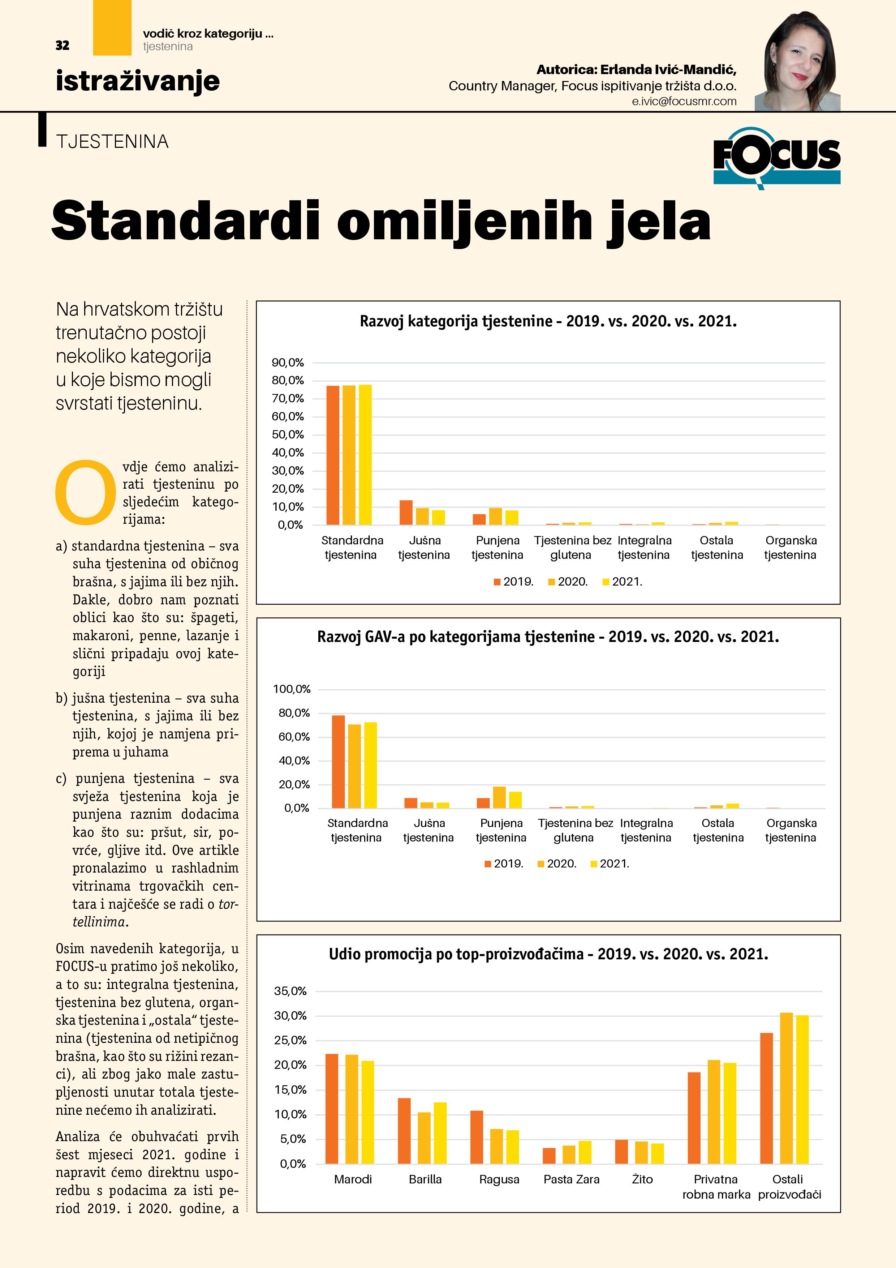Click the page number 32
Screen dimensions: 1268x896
63,45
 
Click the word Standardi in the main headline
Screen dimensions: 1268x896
185,220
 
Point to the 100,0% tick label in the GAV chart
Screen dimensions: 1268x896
292,689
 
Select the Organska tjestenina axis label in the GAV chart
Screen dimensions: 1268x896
791,830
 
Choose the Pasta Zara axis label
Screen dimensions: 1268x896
572,1179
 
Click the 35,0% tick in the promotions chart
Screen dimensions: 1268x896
290,991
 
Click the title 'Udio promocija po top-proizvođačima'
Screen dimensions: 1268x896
548,954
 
